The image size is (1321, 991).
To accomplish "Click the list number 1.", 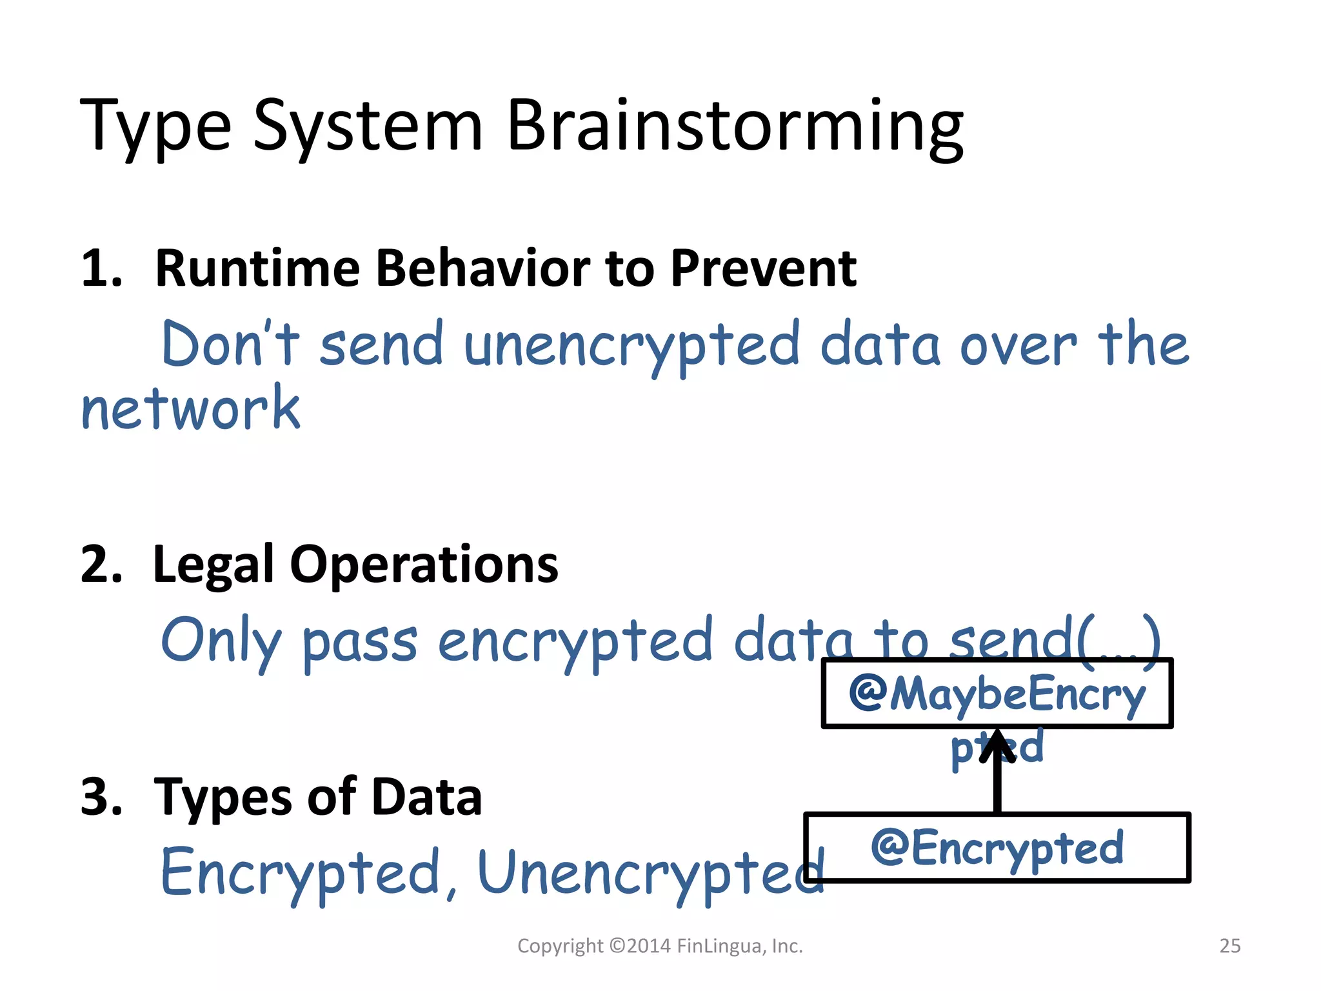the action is click(101, 269).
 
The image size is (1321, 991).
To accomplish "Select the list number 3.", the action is click(101, 797).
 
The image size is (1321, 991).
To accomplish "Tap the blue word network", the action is click(191, 408).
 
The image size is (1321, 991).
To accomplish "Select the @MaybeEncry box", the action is click(997, 694).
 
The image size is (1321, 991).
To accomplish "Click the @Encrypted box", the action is click(997, 847).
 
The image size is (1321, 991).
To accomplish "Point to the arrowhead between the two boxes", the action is click(997, 745).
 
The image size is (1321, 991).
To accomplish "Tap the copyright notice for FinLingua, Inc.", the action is click(660, 946).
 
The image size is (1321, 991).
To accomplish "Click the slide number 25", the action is click(1229, 946).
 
